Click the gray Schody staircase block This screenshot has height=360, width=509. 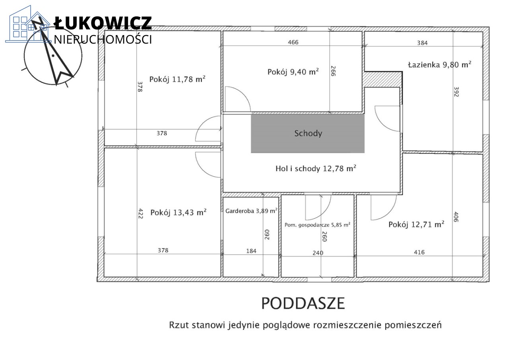308,133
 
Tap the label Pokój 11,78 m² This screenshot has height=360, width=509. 177,79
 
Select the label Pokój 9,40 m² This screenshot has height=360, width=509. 293,72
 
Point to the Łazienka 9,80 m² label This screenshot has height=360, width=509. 440,64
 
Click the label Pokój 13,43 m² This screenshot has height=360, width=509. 179,212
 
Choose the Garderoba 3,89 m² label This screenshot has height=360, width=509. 251,211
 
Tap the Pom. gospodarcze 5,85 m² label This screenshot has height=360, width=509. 317,225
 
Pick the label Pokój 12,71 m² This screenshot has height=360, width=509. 416,224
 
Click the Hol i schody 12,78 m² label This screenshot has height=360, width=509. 316,168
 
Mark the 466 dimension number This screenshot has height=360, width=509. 293,42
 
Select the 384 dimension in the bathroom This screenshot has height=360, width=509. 422,43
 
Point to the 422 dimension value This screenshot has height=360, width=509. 141,214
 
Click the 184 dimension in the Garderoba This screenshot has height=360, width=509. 251,251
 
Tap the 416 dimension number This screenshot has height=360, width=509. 419,252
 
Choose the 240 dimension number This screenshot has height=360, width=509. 318,253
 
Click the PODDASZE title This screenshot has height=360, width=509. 303,303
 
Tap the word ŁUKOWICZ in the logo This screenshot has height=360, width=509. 103,23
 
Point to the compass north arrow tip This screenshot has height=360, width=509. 32,21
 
